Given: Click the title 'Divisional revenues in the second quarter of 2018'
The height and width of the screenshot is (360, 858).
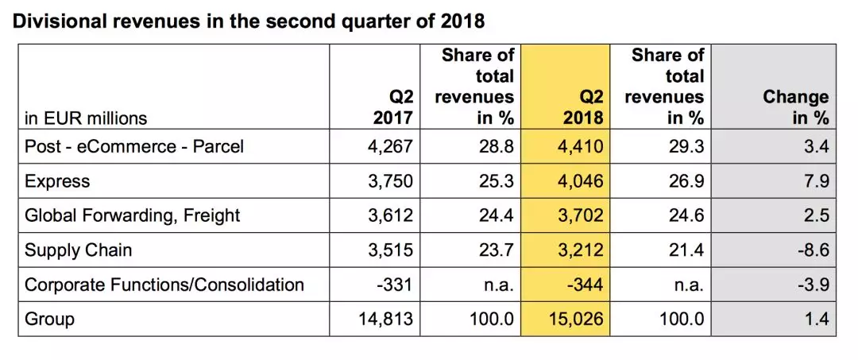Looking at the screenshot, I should point(248,21).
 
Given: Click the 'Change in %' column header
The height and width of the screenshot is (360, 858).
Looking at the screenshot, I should point(795,107).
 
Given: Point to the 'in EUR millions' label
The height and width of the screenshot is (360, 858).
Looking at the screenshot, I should point(86,118).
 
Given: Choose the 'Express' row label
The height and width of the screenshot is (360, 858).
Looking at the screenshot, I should point(57,181).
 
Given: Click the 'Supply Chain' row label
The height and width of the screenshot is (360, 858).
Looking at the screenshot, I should point(78,250).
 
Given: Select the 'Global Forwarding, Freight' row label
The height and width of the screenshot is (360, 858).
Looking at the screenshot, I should point(132,215).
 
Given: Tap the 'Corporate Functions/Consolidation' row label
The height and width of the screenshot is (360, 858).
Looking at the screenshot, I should point(164,285).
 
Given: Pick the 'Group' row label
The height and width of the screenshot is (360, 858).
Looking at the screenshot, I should point(49,319).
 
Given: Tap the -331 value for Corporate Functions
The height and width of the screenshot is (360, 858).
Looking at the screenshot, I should point(395,285).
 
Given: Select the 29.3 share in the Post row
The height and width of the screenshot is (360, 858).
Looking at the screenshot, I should point(688,147).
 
